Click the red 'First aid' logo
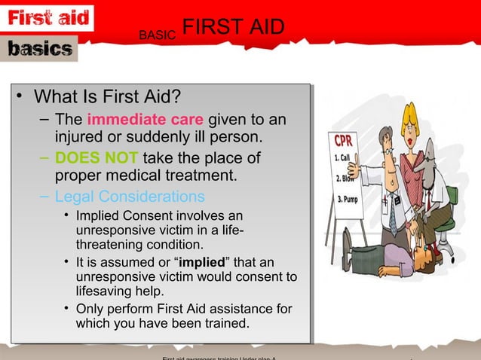click(49, 17)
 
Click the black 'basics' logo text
click(41, 49)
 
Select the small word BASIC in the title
click(158, 35)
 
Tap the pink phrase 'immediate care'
click(146, 120)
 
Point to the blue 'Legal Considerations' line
click(130, 197)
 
